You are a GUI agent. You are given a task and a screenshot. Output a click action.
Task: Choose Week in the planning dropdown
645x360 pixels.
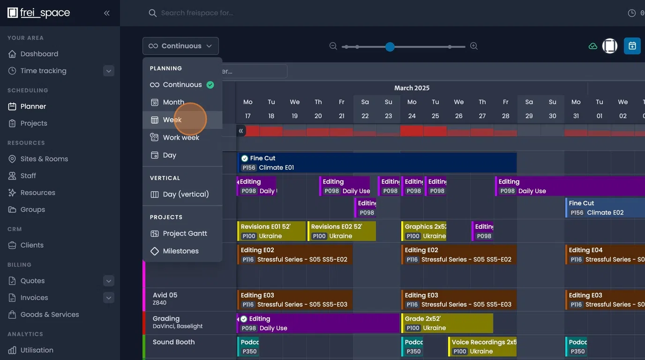pos(172,120)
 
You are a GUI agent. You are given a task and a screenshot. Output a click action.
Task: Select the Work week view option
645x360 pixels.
pos(180,138)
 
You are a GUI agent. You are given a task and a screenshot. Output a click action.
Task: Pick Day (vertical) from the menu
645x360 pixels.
pos(185,195)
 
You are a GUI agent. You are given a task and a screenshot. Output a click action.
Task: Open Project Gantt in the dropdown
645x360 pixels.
pos(184,233)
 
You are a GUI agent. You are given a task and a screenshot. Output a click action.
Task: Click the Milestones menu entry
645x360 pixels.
pos(180,251)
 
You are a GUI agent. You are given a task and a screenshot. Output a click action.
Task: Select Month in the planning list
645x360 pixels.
pos(173,102)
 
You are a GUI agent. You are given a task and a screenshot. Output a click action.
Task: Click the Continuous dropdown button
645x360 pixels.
pos(180,46)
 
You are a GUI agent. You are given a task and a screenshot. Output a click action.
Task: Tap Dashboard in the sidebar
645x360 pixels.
pos(39,54)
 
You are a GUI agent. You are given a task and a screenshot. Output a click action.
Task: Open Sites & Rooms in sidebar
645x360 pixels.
pos(44,159)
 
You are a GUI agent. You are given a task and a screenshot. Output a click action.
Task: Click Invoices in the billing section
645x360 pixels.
pos(34,298)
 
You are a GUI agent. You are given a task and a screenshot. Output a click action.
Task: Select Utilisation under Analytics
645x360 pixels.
pos(37,350)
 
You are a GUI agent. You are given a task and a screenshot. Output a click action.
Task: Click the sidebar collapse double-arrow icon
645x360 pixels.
pos(107,13)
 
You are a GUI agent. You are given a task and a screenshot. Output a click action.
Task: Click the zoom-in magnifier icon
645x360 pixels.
pos(474,46)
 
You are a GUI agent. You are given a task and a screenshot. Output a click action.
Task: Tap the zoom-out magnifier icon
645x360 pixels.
pos(333,46)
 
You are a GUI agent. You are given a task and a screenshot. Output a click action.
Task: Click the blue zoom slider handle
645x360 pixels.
pos(390,46)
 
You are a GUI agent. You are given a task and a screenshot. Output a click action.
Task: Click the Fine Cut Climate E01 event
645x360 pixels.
pos(377,163)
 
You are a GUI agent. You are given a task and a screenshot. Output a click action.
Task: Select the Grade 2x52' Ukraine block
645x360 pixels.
pos(447,323)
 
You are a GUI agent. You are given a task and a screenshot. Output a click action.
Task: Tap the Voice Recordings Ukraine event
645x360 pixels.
pos(482,347)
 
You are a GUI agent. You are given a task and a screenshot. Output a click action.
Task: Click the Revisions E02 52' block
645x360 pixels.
pos(341,231)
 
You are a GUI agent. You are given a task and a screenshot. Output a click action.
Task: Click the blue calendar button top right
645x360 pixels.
pos(632,46)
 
